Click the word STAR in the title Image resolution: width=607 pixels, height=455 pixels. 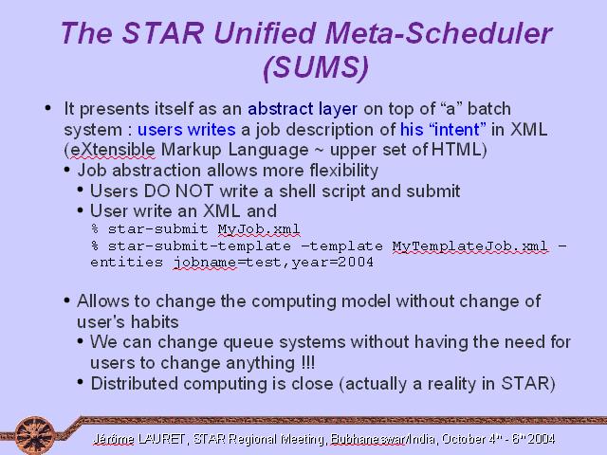pyautogui.click(x=163, y=33)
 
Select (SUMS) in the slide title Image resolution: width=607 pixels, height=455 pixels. pyautogui.click(x=316, y=67)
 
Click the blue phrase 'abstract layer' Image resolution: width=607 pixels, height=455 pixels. pyautogui.click(x=303, y=109)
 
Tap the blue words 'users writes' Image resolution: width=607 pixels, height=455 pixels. pyautogui.click(x=187, y=130)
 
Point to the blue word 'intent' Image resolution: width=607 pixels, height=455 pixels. pyautogui.click(x=457, y=130)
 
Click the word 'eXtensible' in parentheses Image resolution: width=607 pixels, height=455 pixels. pyautogui.click(x=113, y=150)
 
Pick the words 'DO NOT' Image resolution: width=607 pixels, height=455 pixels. pyautogui.click(x=178, y=191)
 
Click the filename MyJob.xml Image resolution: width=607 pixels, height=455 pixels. pyautogui.click(x=259, y=229)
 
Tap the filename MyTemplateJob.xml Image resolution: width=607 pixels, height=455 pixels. pyautogui.click(x=470, y=246)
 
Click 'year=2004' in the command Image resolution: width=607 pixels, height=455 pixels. pyautogui.click(x=333, y=263)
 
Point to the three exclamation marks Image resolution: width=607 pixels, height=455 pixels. pyautogui.click(x=307, y=363)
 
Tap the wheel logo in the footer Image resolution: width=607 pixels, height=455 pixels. pyautogui.click(x=35, y=436)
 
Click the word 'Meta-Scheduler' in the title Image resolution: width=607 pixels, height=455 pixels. pyautogui.click(x=439, y=33)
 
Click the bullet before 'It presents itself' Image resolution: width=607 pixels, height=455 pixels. pyautogui.click(x=48, y=108)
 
